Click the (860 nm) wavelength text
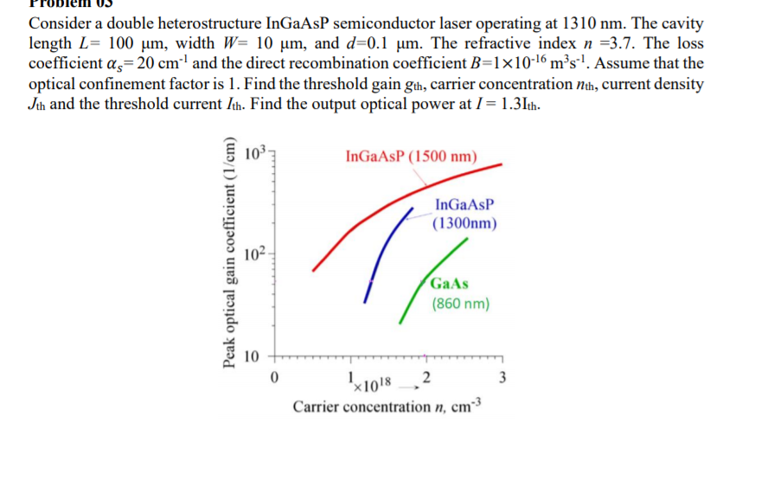tap(460, 304)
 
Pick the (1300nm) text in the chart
tap(464, 223)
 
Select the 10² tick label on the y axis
tap(253, 254)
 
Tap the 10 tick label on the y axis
tap(252, 355)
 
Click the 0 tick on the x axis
tap(273, 377)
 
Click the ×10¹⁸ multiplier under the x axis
tap(374, 382)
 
